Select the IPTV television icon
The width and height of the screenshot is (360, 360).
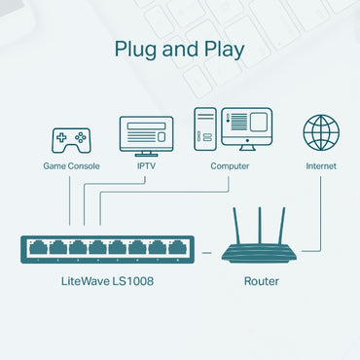[x=146, y=134]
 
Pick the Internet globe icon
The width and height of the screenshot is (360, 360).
[x=320, y=132]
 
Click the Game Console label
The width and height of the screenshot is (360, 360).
[x=69, y=166]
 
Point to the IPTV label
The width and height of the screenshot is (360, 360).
[x=146, y=166]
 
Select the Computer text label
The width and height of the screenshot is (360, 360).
[x=230, y=166]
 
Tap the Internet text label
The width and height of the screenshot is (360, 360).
[x=320, y=166]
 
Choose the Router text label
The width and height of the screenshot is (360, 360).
[x=261, y=281]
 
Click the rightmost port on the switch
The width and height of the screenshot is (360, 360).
[x=176, y=247]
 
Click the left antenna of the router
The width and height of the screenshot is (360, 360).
[x=238, y=226]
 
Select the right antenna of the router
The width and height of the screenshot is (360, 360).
[x=283, y=226]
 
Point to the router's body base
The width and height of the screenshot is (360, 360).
[x=261, y=254]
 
